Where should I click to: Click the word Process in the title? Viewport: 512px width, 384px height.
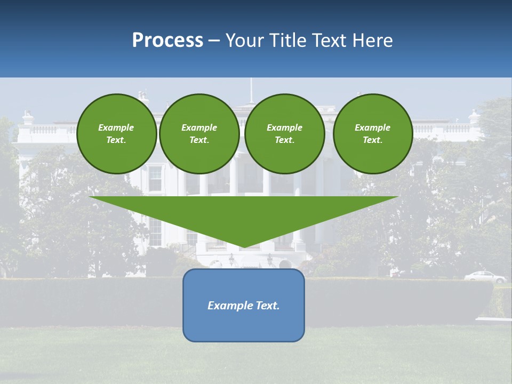click(167, 41)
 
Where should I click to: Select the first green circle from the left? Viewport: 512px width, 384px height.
click(116, 134)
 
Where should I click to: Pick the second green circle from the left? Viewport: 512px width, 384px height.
click(199, 134)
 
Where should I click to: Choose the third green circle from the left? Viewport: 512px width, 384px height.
click(285, 134)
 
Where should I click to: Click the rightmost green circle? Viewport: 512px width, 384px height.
click(373, 134)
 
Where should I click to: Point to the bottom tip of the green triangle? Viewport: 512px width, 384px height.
click(244, 247)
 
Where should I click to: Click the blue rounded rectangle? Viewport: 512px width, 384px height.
click(244, 325)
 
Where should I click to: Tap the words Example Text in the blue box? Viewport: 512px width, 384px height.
click(244, 306)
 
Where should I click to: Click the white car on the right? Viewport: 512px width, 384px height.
click(485, 277)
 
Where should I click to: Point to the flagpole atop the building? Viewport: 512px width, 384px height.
click(251, 91)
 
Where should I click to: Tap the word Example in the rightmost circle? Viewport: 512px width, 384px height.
click(372, 127)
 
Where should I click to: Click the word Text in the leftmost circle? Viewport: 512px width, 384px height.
click(116, 140)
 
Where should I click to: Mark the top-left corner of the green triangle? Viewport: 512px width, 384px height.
click(89, 197)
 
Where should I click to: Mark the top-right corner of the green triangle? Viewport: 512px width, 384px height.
click(398, 197)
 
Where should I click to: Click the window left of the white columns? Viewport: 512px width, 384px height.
click(155, 179)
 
